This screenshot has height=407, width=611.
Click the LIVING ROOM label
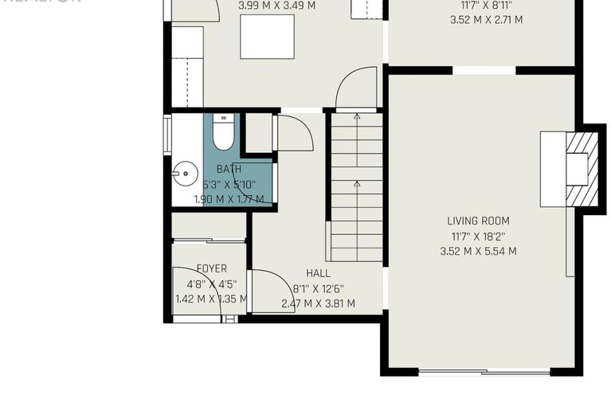pos(478,221)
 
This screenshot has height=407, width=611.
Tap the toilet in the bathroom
pos(223,132)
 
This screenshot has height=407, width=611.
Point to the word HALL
pos(318,273)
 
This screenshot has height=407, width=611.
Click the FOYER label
pos(211,269)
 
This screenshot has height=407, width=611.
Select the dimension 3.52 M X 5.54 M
pos(478,251)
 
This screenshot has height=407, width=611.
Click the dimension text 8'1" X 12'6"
pos(318,288)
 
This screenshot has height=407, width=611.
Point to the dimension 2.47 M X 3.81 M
pos(318,303)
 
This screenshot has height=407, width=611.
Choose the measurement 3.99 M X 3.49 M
pos(276,6)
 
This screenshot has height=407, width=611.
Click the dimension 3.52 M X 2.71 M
pos(486,20)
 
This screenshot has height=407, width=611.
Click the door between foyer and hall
pos(267,290)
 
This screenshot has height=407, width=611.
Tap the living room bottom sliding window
pos(484,371)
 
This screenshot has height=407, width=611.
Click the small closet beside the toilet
pos(257,132)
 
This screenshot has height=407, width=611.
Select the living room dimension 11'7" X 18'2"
pos(478,236)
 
